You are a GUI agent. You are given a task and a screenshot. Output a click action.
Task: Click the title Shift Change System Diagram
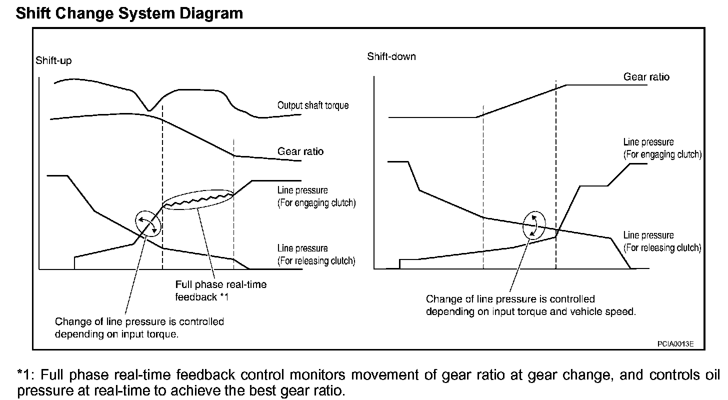(x=129, y=13)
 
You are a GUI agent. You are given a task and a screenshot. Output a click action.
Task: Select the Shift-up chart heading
(x=53, y=60)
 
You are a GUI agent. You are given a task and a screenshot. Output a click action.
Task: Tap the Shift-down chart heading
(x=391, y=56)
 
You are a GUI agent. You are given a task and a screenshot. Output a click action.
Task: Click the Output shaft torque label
(x=313, y=105)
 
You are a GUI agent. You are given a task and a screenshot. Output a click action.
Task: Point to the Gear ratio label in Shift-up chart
(x=300, y=151)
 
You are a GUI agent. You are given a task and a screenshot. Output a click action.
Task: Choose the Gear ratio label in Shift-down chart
(x=646, y=77)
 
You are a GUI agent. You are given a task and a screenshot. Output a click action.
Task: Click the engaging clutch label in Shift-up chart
(x=316, y=196)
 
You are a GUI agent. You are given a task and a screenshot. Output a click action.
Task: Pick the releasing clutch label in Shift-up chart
(x=316, y=254)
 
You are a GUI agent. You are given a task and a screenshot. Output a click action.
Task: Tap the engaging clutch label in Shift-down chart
(x=662, y=148)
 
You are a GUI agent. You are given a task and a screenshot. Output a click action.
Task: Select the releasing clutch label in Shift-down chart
(x=662, y=241)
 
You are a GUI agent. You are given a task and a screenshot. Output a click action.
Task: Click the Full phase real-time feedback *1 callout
(x=220, y=290)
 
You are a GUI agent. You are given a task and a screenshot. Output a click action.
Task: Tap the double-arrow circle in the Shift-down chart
(x=534, y=226)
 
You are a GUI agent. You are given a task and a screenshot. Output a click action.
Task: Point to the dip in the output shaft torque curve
(x=148, y=109)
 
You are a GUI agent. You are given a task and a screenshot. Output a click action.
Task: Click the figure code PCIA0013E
(x=675, y=344)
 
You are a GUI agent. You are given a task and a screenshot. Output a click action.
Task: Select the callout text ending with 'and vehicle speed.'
(x=530, y=305)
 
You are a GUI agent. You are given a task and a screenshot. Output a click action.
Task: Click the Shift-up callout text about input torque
(x=139, y=327)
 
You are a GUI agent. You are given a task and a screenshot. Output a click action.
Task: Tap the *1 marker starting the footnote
(x=25, y=375)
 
